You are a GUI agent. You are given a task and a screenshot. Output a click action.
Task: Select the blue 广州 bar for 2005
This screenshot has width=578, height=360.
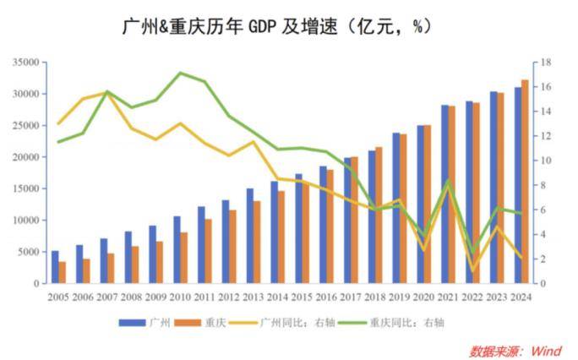click(55, 267)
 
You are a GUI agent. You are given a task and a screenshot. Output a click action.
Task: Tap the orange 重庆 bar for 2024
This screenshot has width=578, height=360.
click(525, 182)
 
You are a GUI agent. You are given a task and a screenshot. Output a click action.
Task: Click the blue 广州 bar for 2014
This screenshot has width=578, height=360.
click(274, 232)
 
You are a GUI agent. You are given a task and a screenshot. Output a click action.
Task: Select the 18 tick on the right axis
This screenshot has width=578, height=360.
click(547, 63)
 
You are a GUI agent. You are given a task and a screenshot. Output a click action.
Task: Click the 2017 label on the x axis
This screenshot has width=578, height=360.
click(351, 297)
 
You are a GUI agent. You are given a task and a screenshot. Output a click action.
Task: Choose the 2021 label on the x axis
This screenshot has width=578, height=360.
click(449, 297)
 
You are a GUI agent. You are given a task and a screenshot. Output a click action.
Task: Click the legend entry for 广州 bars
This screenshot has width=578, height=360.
click(147, 322)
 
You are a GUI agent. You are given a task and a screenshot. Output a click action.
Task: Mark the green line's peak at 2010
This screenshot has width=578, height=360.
click(180, 73)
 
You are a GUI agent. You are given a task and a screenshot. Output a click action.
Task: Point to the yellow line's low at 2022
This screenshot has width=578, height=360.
click(472, 270)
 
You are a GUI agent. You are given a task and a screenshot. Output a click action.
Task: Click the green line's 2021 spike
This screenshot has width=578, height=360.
click(448, 181)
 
